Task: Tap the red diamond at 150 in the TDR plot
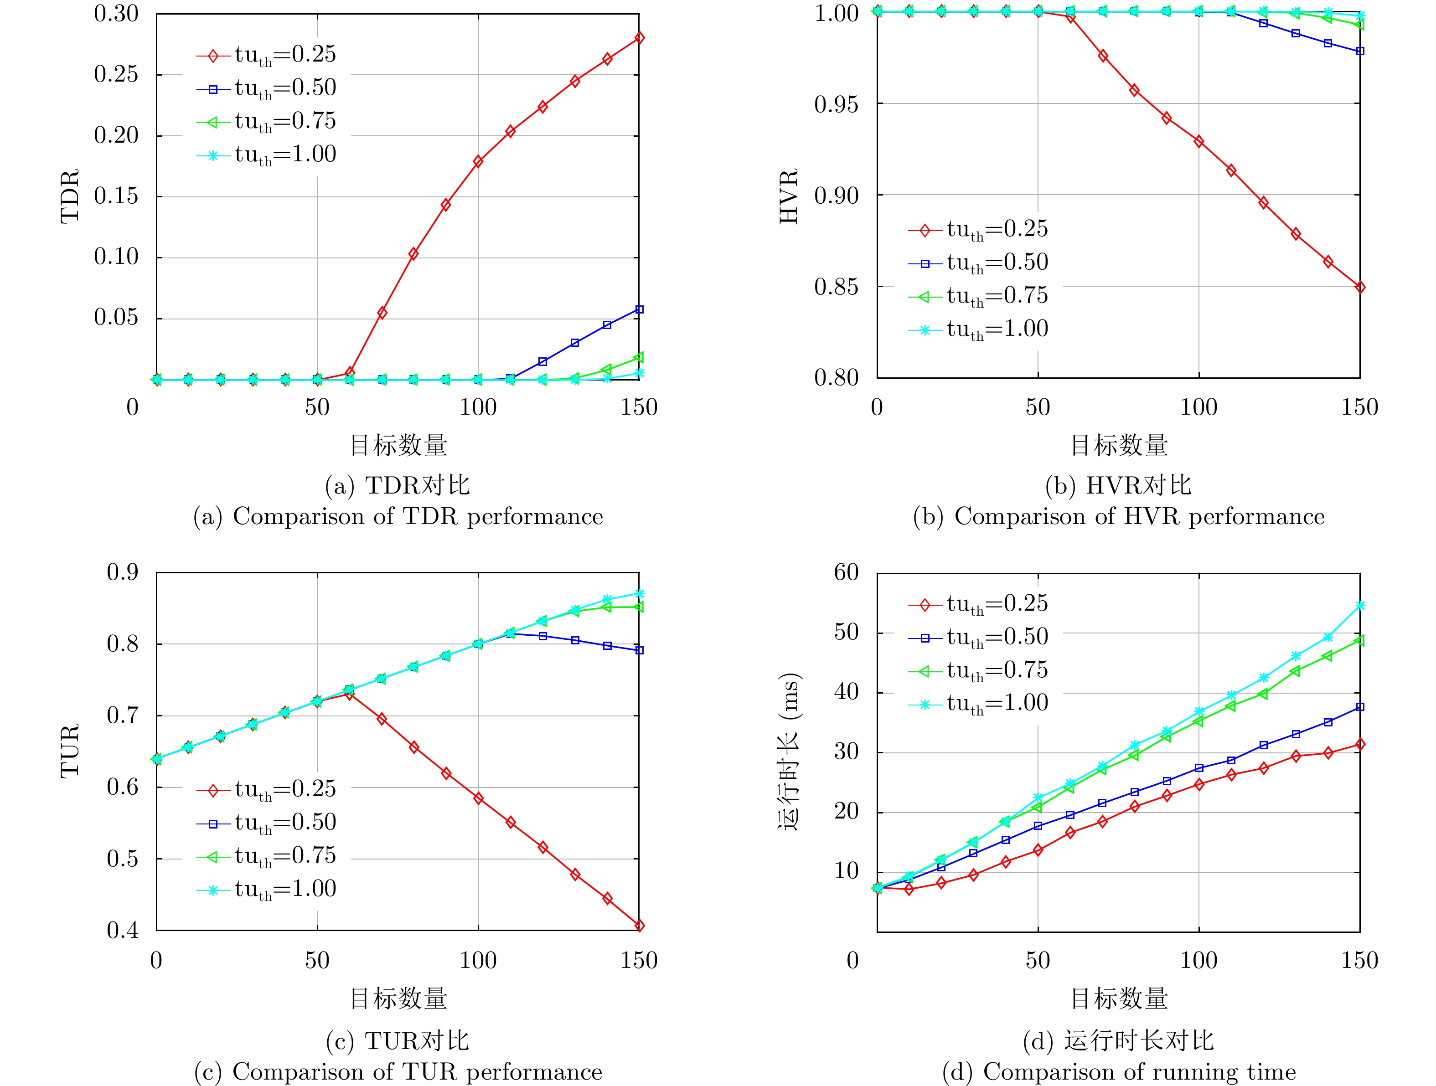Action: click(640, 38)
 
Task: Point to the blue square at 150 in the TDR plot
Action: click(640, 309)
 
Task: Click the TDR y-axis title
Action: click(69, 196)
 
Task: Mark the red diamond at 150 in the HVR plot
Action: click(1360, 288)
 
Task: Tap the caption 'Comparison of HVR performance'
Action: click(1119, 517)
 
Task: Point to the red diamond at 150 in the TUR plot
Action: click(640, 926)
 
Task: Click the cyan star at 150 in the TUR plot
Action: click(640, 593)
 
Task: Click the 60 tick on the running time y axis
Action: click(847, 572)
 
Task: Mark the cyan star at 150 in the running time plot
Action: click(1360, 606)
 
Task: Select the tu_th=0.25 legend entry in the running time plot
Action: click(978, 604)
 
